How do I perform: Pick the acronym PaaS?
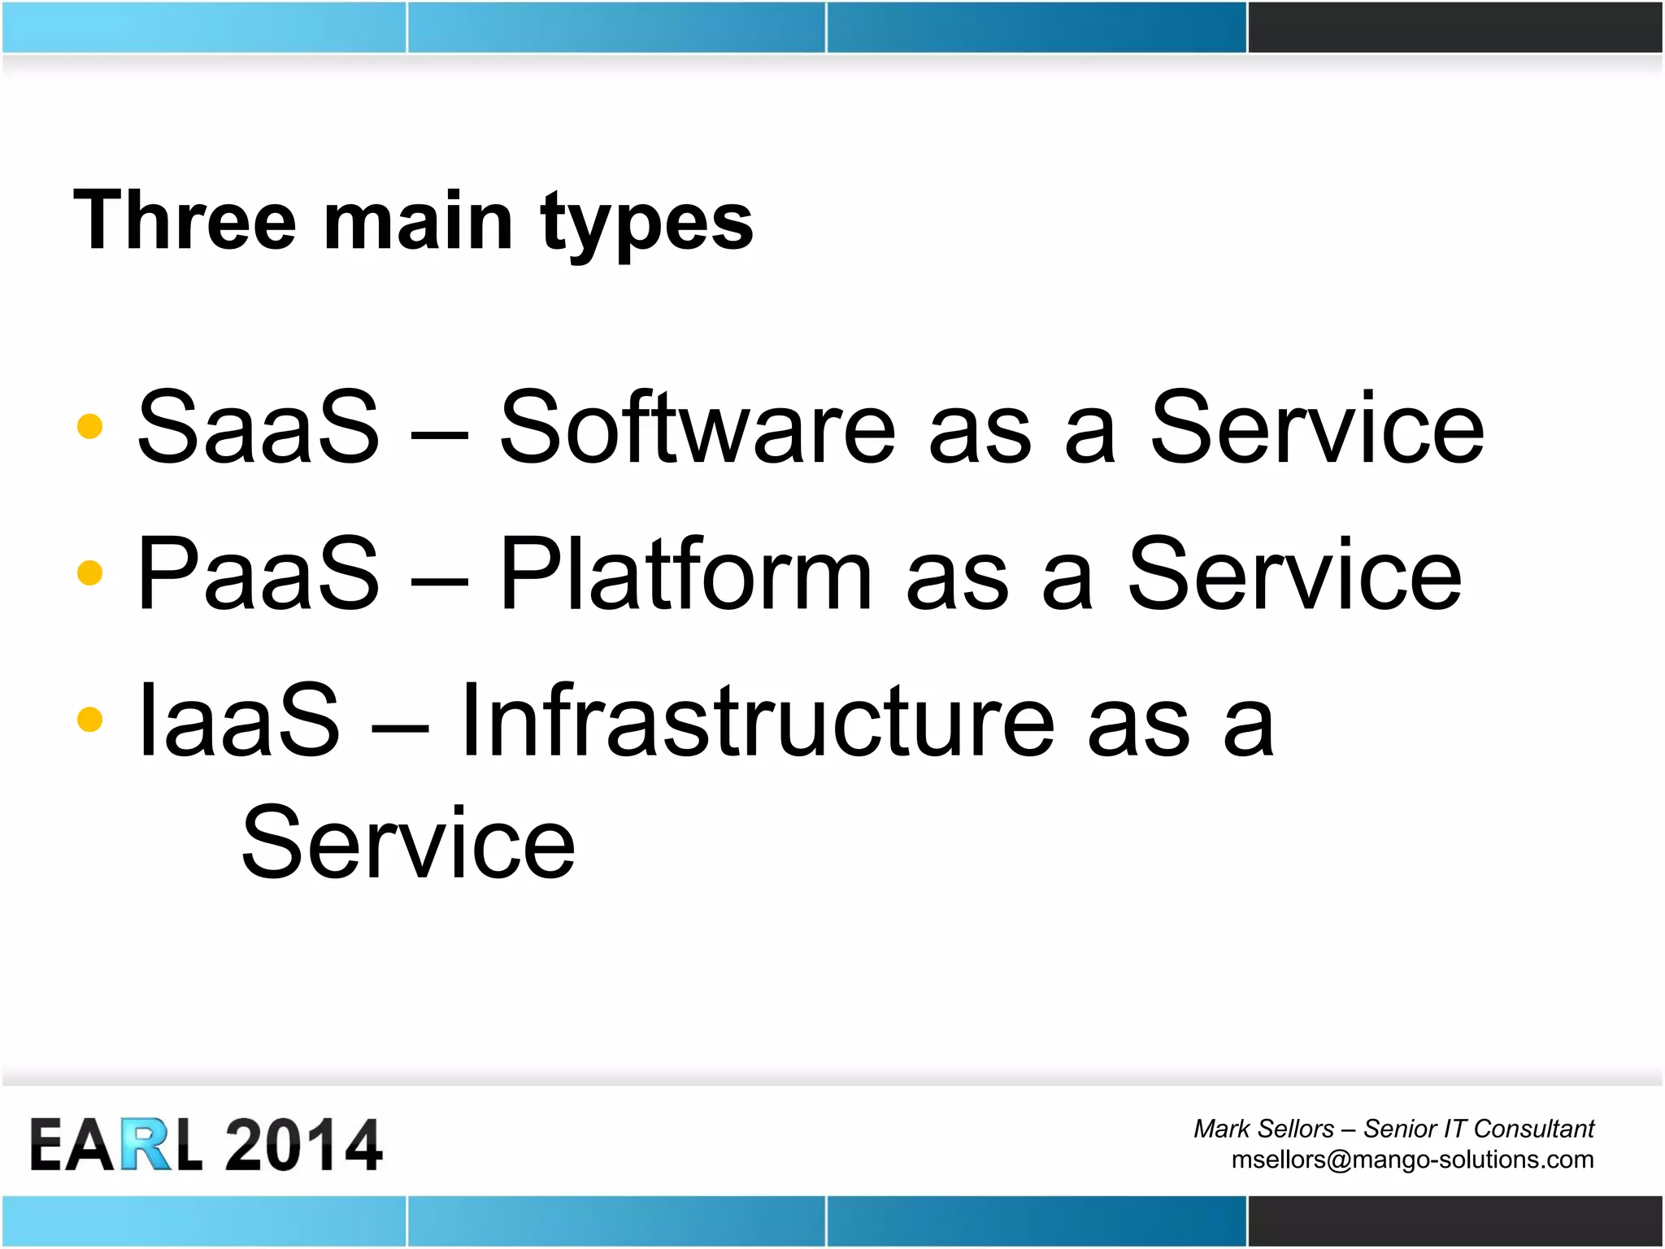coord(259,573)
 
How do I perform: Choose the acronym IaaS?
coord(239,720)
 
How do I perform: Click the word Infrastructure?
coord(758,720)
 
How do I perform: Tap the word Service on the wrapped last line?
coord(408,842)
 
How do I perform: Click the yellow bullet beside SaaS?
coord(89,426)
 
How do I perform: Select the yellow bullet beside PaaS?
coord(89,572)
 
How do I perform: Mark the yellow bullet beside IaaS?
coord(89,719)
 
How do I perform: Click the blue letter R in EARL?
coord(147,1145)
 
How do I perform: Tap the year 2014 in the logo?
coord(303,1145)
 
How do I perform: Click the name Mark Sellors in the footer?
coord(1263,1129)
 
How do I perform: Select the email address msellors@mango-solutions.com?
coord(1412,1159)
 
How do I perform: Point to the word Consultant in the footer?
coord(1533,1129)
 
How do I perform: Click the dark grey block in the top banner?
coord(1454,27)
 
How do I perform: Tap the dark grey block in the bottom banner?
coord(1454,1221)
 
